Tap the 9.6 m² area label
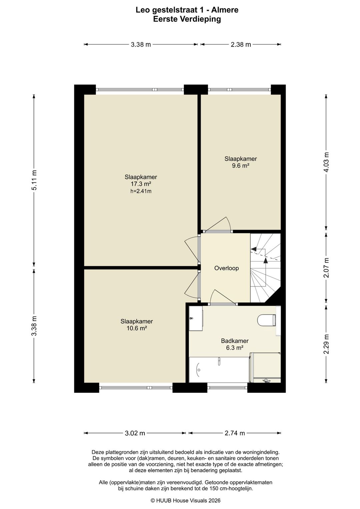pyautogui.click(x=241, y=166)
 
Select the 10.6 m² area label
pyautogui.click(x=137, y=328)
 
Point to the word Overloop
pyautogui.click(x=226, y=268)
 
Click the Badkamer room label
pyautogui.click(x=235, y=341)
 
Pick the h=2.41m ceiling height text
pyautogui.click(x=141, y=191)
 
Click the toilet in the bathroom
pyautogui.click(x=266, y=320)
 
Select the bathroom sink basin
pyautogui.click(x=196, y=318)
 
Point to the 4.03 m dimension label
pyautogui.click(x=326, y=162)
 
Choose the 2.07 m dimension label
pyautogui.click(x=326, y=268)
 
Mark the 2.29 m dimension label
pyautogui.click(x=326, y=344)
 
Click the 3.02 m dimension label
pyautogui.click(x=135, y=433)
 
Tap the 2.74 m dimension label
pyautogui.click(x=235, y=433)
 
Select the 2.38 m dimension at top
pyautogui.click(x=241, y=45)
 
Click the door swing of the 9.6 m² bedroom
pyautogui.click(x=218, y=224)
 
